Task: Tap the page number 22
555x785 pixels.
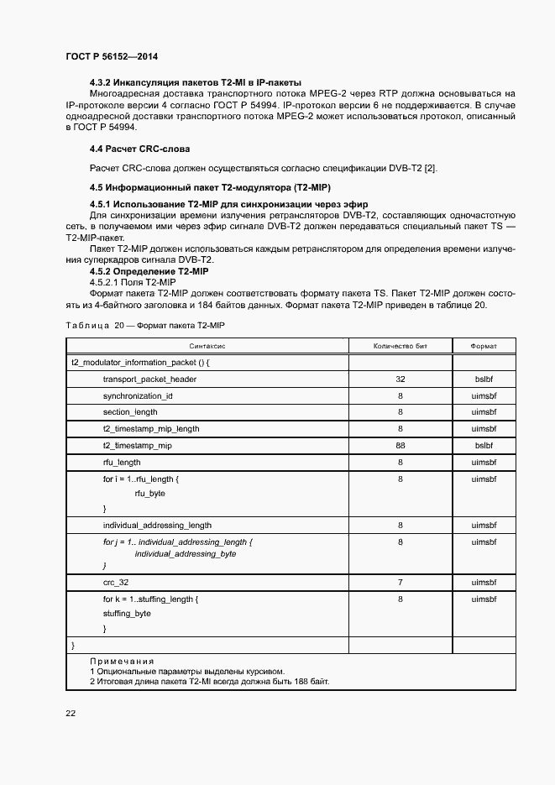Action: pos(71,713)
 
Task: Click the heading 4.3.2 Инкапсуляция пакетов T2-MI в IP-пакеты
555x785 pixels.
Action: pos(195,82)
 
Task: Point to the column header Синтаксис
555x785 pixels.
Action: pos(207,346)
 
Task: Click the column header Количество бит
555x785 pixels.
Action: pos(401,346)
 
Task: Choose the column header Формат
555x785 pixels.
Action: pos(484,346)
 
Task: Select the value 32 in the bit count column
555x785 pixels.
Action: pos(401,379)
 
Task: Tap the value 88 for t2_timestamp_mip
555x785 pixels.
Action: pos(401,446)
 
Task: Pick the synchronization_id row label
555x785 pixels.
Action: pos(138,395)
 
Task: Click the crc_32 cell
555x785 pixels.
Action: pos(116,582)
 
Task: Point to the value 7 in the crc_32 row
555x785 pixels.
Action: pos(401,582)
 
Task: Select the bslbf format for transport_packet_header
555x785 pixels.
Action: pos(484,379)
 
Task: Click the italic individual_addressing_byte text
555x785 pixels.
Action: pos(186,554)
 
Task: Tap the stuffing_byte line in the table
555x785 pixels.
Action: pos(127,614)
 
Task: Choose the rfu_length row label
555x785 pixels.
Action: pos(122,462)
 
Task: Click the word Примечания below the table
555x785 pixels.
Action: pos(122,662)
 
